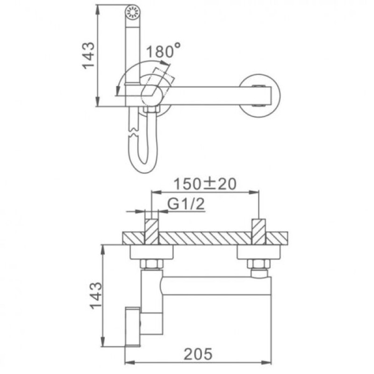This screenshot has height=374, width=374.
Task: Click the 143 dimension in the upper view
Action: click(89, 55)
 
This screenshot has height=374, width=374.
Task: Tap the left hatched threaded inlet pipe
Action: click(151, 230)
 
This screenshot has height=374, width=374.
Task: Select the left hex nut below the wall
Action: click(151, 264)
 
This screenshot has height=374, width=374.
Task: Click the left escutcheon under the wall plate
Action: click(151, 252)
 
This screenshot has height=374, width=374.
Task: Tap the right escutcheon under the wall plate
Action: click(259, 252)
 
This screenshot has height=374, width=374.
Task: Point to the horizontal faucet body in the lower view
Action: click(215, 286)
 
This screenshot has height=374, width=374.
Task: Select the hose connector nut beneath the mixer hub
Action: click(151, 110)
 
